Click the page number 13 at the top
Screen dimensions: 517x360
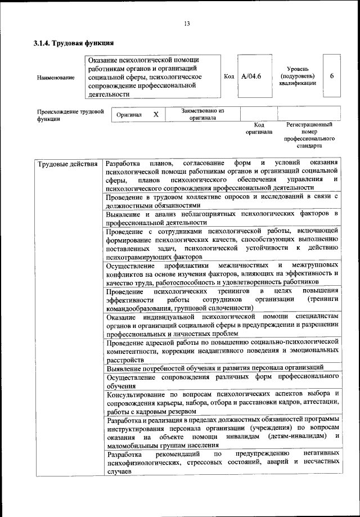point(186,23)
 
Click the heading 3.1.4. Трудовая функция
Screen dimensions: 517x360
point(74,43)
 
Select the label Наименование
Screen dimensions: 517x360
point(56,77)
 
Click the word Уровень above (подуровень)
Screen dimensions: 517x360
point(297,68)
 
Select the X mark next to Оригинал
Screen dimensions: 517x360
point(156,114)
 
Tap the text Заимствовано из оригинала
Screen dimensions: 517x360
point(202,114)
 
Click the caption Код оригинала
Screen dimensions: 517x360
point(259,128)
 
